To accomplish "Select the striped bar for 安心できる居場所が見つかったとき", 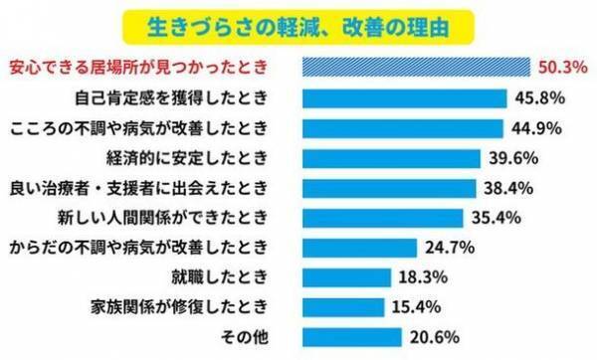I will [415, 69].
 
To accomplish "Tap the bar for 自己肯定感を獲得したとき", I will [405, 98].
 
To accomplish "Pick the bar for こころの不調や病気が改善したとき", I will [403, 128].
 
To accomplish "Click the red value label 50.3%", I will [559, 69].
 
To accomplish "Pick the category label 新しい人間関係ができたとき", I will [178, 217].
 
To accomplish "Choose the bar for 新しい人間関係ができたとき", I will [382, 217].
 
